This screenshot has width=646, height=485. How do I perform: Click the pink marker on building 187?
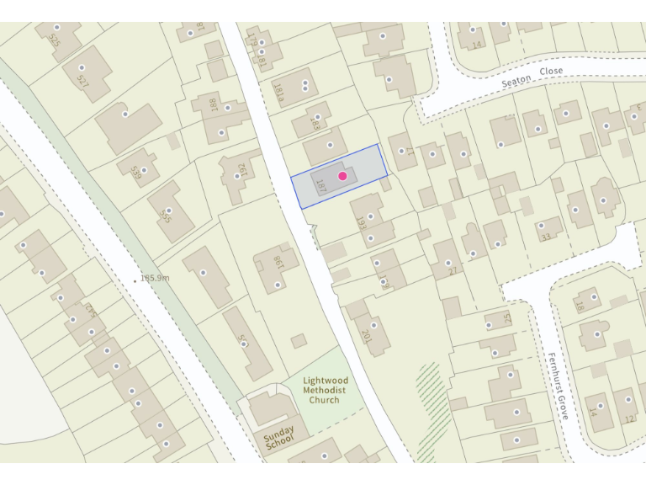pyautogui.click(x=342, y=175)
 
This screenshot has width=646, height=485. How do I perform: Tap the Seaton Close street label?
pyautogui.click(x=532, y=77)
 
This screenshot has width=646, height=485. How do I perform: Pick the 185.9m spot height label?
pyautogui.click(x=156, y=278)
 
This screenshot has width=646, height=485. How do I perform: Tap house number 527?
pyautogui.click(x=82, y=81)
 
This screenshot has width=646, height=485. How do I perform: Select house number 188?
pyautogui.click(x=214, y=106)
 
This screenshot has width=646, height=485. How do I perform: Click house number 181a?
pyautogui.click(x=278, y=90)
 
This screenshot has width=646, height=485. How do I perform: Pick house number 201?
pyautogui.click(x=366, y=336)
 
